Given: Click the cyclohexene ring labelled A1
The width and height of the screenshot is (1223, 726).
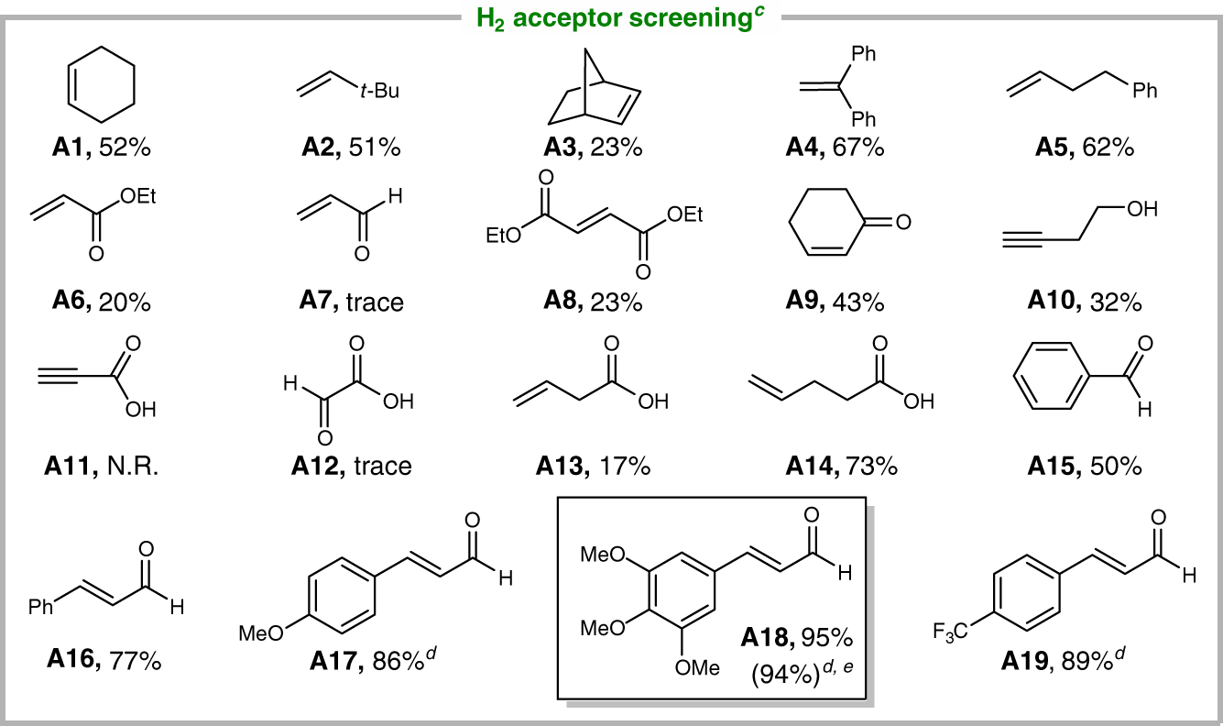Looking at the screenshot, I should coord(102,87).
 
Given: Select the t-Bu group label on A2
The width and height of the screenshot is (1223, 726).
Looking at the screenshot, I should coord(378,91).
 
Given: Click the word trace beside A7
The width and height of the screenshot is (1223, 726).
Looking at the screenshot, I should coord(375,303).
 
